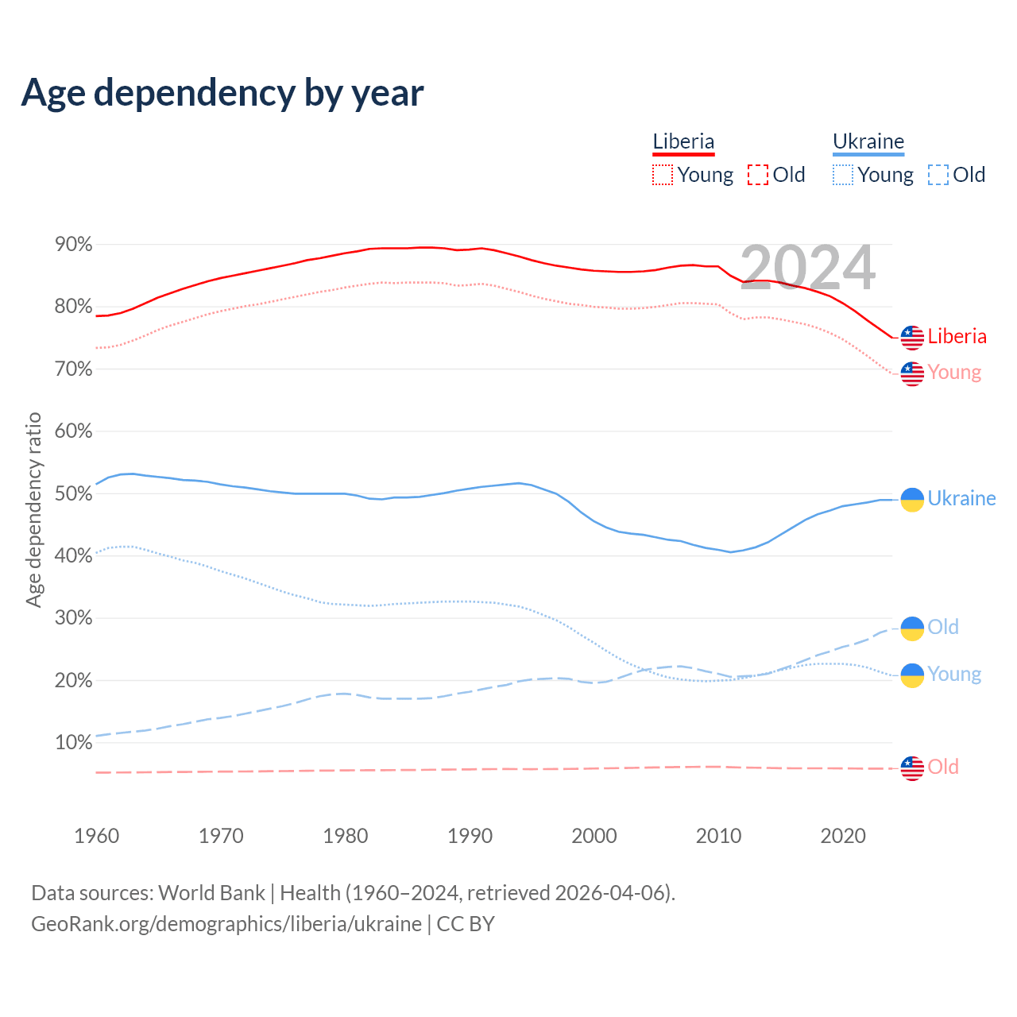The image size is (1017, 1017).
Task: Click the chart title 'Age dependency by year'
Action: click(222, 93)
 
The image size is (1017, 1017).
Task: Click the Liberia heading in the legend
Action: click(683, 141)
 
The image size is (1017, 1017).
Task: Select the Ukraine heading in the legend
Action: click(868, 141)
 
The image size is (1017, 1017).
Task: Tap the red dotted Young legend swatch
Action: click(663, 175)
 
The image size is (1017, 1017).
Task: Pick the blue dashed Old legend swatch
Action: click(938, 175)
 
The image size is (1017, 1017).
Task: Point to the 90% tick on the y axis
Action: click(74, 245)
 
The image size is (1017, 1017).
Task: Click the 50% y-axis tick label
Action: click(74, 493)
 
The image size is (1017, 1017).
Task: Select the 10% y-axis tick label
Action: click(74, 743)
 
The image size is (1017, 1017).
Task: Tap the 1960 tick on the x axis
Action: click(96, 836)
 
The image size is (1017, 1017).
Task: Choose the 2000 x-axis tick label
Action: click(594, 836)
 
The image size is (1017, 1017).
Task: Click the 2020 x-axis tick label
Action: click(843, 836)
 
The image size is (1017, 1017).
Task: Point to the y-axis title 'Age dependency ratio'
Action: click(33, 509)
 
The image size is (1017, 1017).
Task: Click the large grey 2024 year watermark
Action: click(807, 268)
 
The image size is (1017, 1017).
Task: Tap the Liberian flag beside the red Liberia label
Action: click(912, 338)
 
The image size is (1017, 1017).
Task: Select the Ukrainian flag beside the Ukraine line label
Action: click(912, 499)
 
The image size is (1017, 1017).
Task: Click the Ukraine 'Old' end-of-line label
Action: click(943, 627)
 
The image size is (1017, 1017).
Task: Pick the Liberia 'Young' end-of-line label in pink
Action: click(954, 372)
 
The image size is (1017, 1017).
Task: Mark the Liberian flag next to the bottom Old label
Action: click(912, 768)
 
